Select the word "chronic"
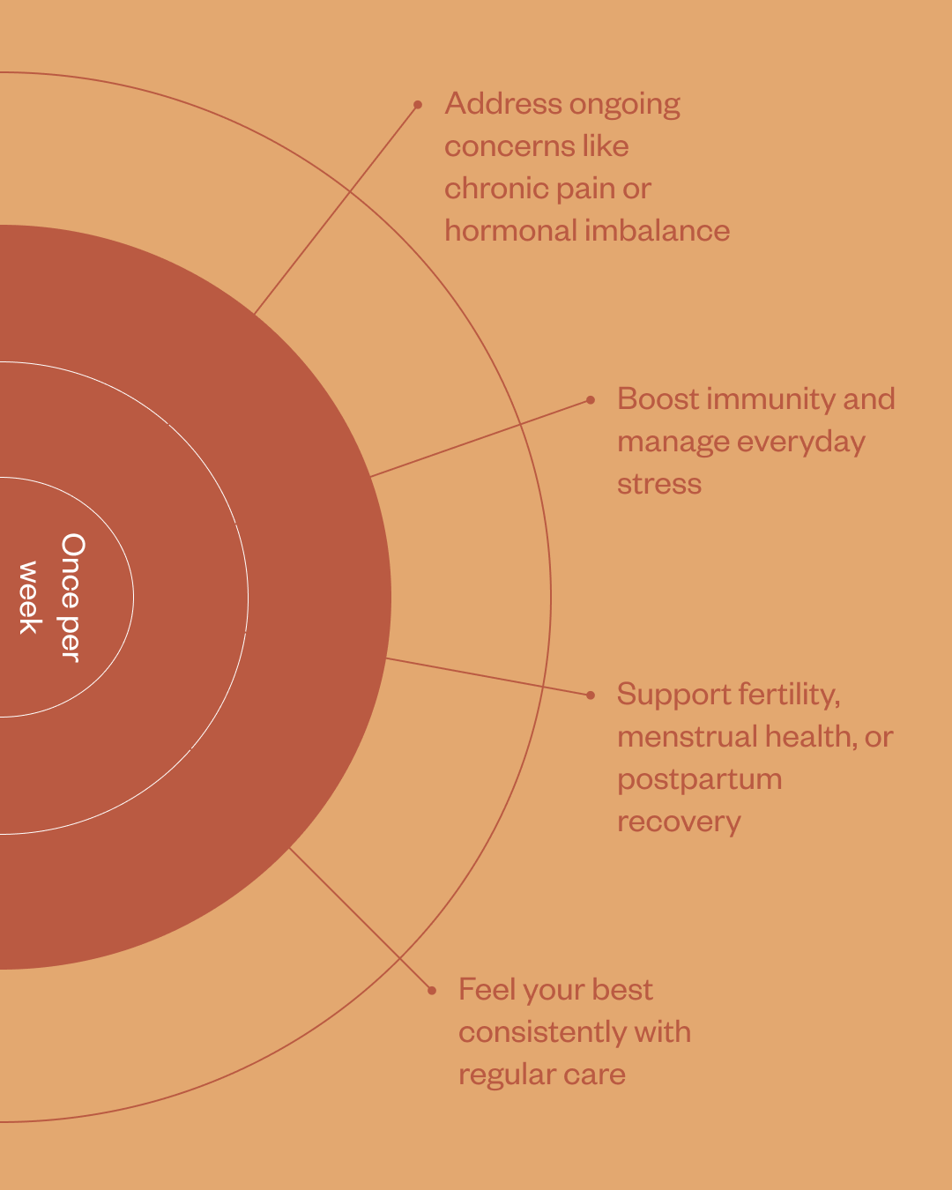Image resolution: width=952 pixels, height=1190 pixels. coord(487,189)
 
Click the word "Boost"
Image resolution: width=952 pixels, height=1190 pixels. coord(658,399)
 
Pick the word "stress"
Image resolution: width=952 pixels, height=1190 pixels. coord(659,484)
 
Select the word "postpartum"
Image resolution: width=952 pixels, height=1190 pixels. coord(699,780)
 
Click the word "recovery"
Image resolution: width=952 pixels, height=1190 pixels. coord(679,822)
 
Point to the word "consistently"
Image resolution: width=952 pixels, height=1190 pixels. coord(541,1032)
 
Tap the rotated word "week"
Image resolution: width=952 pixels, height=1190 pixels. coord(29,597)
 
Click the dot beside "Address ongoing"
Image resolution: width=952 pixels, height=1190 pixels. coord(418,105)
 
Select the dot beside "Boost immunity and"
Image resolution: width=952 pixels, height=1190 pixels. coord(591,400)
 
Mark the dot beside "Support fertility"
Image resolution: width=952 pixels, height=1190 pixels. coord(591,695)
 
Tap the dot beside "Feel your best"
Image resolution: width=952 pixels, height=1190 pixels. coord(432,991)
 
